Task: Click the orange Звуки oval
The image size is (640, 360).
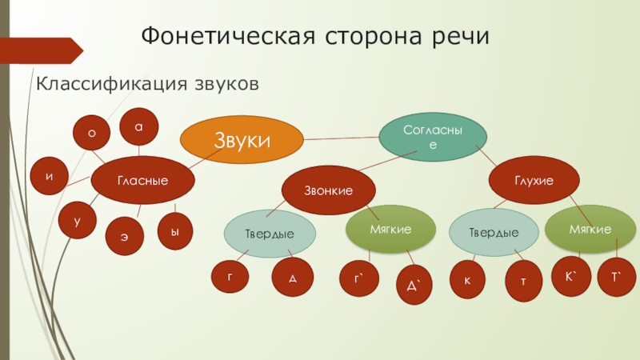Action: pyautogui.click(x=241, y=141)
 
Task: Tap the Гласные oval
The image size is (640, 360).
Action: pyautogui.click(x=143, y=181)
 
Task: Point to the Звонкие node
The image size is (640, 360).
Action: pyautogui.click(x=328, y=189)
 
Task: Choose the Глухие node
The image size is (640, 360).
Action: pyautogui.click(x=534, y=181)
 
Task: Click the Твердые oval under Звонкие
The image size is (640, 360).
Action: pyautogui.click(x=269, y=233)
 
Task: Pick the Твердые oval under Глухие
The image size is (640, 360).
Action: pyautogui.click(x=493, y=233)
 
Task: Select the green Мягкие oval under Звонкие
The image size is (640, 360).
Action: pyautogui.click(x=390, y=230)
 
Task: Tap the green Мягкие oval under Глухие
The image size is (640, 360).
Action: pyautogui.click(x=590, y=230)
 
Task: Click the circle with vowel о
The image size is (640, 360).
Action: pyautogui.click(x=91, y=134)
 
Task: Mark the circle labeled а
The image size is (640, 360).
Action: pyautogui.click(x=138, y=126)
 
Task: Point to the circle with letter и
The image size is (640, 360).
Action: pyautogui.click(x=50, y=176)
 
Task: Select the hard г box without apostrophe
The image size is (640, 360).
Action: pyautogui.click(x=229, y=277)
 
